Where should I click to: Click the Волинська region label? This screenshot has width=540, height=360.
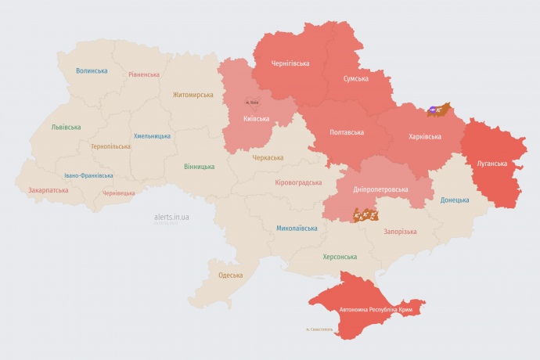pos(92,71)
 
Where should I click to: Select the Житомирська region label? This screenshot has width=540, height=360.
pos(193,95)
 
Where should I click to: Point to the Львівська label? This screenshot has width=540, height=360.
pos(66,127)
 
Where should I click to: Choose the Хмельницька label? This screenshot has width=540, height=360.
pos(152,135)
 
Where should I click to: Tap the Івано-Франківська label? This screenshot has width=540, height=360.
pos(88,175)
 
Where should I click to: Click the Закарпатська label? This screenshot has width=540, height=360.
pos(48,190)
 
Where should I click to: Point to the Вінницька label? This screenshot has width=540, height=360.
pos(199,167)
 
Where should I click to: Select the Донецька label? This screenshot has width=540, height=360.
pos(455,200)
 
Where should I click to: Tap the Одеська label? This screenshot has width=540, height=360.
pos(230,275)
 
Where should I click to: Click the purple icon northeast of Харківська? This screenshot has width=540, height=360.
pos(434,108)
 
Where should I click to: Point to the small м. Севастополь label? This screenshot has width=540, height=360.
pos(319,329)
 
